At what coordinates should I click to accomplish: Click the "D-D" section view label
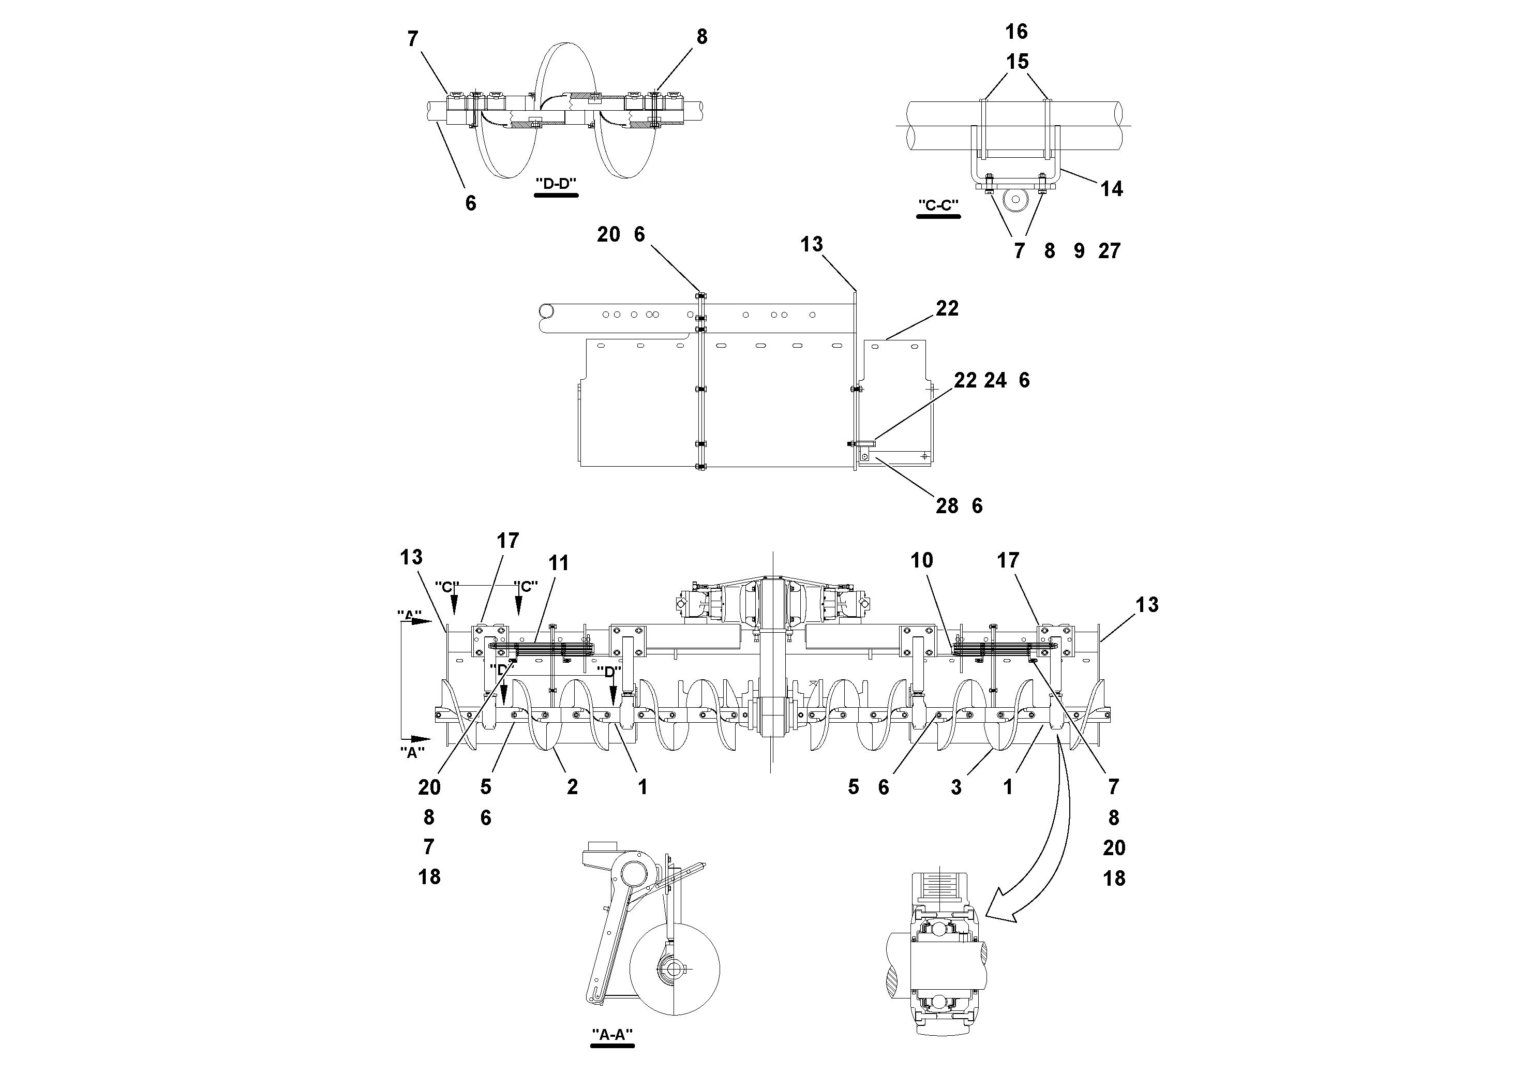point(556,183)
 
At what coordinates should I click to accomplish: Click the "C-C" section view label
point(938,205)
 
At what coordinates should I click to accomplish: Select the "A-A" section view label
point(612,1034)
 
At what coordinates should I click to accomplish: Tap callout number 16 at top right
point(1016,32)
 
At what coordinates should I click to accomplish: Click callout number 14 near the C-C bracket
point(1111,189)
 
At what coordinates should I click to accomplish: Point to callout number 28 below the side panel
point(947,506)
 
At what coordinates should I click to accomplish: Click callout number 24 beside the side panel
point(995,380)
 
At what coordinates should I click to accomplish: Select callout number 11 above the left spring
point(558,563)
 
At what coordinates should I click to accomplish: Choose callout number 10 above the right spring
point(922,560)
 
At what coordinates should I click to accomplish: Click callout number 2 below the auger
point(572,787)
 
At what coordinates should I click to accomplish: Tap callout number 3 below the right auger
point(956,787)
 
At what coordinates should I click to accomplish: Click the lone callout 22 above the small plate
point(947,308)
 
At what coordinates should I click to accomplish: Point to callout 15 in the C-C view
point(1017,62)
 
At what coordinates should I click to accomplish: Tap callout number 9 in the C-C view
point(1079,251)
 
